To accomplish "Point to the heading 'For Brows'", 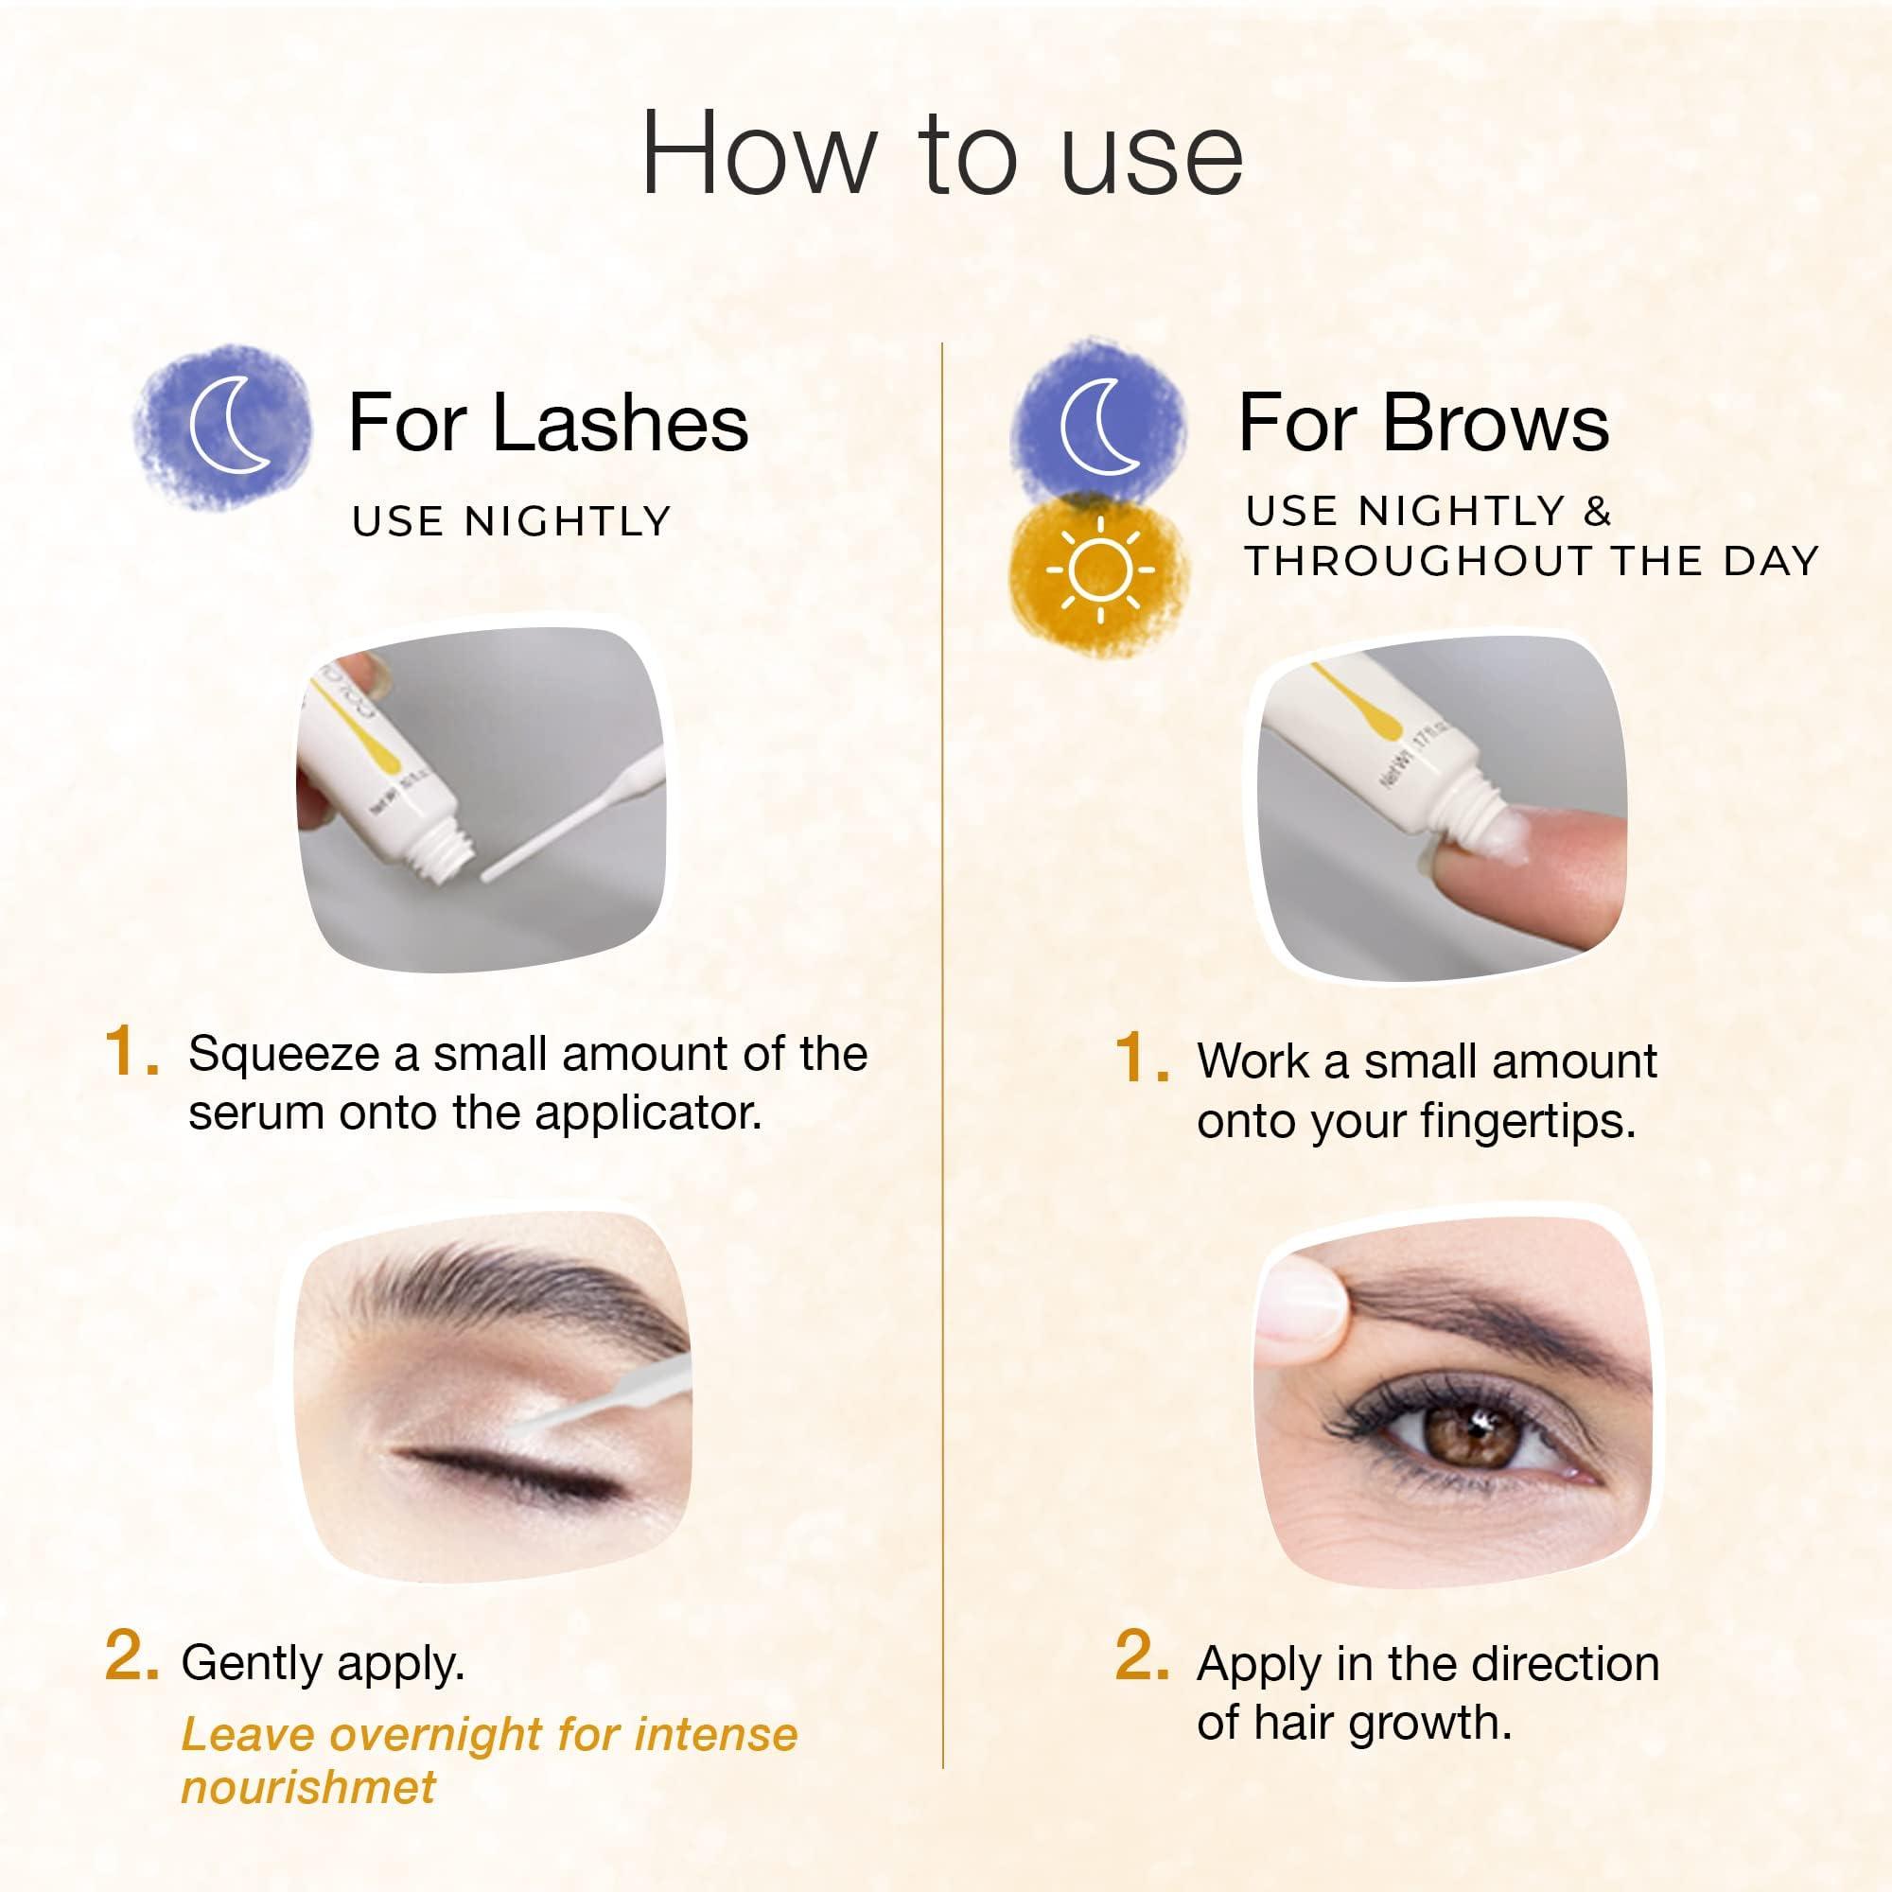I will pyautogui.click(x=1423, y=424).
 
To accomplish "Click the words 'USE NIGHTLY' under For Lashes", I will pyautogui.click(x=511, y=522).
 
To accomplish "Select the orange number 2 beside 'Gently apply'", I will pyautogui.click(x=131, y=1658).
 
